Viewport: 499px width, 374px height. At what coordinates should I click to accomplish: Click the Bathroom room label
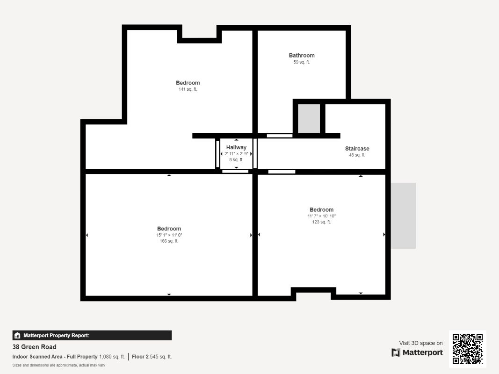(301, 55)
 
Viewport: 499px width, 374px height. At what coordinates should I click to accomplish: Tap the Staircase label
(357, 149)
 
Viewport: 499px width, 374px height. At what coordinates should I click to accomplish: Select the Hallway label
(236, 147)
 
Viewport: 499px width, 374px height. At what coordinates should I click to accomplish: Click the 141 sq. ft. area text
(188, 89)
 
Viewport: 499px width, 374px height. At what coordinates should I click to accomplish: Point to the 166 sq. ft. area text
(169, 241)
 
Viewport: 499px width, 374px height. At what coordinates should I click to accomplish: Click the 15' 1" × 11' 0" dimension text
(169, 235)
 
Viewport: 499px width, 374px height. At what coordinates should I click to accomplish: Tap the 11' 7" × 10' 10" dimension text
(321, 216)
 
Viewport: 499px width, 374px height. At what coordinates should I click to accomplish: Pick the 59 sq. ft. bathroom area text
(301, 62)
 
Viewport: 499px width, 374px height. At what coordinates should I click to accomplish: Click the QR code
(468, 349)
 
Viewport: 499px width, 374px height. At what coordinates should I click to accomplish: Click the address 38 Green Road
(34, 346)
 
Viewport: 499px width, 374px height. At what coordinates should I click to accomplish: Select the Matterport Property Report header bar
(92, 335)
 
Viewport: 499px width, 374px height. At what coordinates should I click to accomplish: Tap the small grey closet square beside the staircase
(309, 119)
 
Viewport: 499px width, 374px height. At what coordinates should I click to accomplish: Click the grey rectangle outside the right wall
(403, 216)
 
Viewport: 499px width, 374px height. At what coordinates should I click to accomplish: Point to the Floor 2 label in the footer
(140, 357)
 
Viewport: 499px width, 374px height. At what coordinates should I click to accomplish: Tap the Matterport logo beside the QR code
(417, 352)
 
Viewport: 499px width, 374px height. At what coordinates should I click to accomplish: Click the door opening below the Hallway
(235, 172)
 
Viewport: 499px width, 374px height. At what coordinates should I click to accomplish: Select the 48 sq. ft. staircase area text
(357, 155)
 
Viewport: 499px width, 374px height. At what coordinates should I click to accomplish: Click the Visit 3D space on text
(421, 343)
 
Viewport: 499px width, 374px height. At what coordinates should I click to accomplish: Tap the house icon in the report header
(17, 335)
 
